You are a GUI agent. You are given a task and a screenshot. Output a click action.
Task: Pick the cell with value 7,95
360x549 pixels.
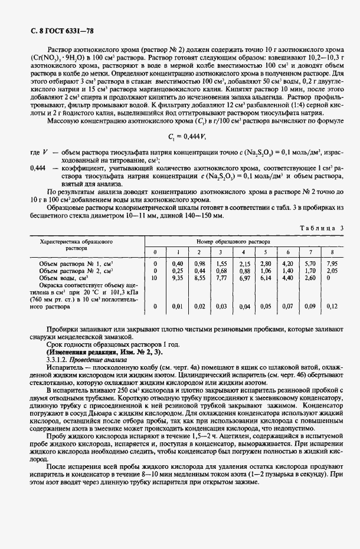coord(332,264)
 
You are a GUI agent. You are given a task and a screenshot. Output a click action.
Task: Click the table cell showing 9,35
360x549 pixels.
coord(177,277)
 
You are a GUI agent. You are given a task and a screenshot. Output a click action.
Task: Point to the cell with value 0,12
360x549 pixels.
coord(332,306)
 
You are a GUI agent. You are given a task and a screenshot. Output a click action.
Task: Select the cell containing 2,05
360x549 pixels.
coord(332,270)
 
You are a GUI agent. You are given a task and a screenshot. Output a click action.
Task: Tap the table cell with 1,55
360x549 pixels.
coord(221,264)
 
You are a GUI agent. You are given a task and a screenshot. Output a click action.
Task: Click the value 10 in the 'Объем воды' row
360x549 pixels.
coord(155,277)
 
